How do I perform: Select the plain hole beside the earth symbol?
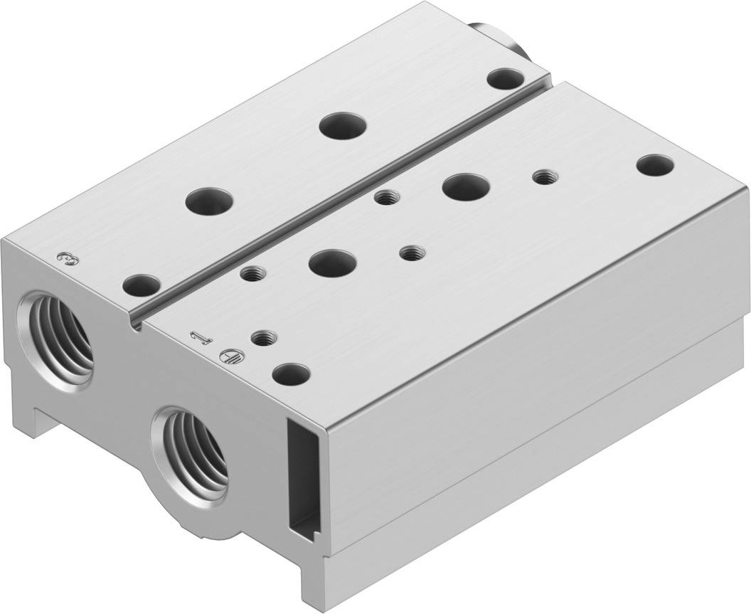[292, 373]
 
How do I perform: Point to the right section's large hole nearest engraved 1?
[331, 263]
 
